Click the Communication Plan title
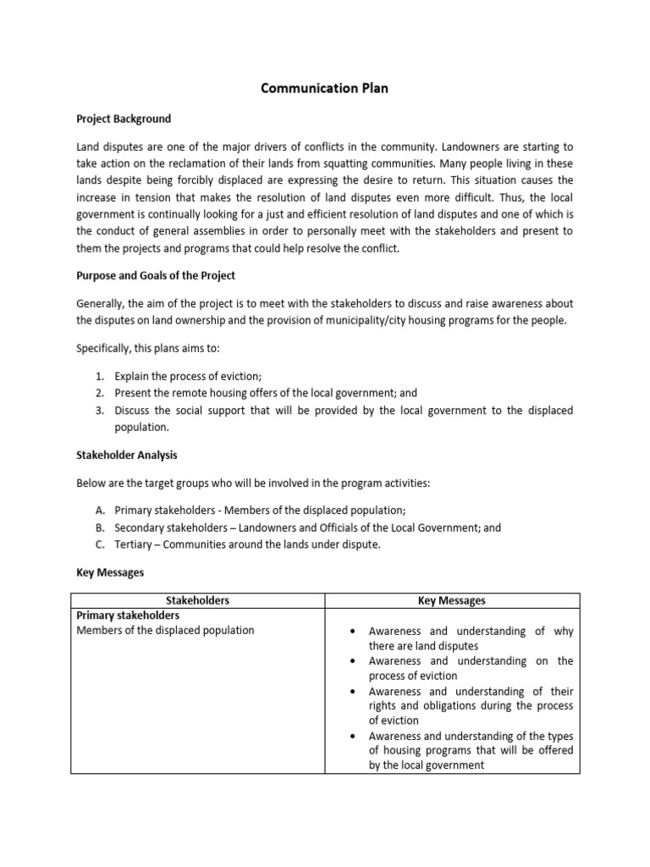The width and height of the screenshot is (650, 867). [x=325, y=88]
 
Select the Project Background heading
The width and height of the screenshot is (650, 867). [x=124, y=119]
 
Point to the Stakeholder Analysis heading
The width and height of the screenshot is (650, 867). [x=127, y=456]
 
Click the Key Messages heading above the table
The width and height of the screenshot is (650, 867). [x=110, y=572]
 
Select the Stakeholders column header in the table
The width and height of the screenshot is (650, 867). [x=198, y=600]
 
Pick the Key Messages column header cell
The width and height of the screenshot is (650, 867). [x=452, y=600]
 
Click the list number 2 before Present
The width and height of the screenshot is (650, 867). [x=98, y=394]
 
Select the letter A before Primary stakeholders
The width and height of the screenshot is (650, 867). [x=99, y=511]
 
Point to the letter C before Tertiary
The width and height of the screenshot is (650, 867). [x=99, y=544]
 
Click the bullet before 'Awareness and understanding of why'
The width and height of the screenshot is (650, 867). [x=353, y=632]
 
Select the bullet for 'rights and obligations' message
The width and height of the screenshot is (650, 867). [x=353, y=691]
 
